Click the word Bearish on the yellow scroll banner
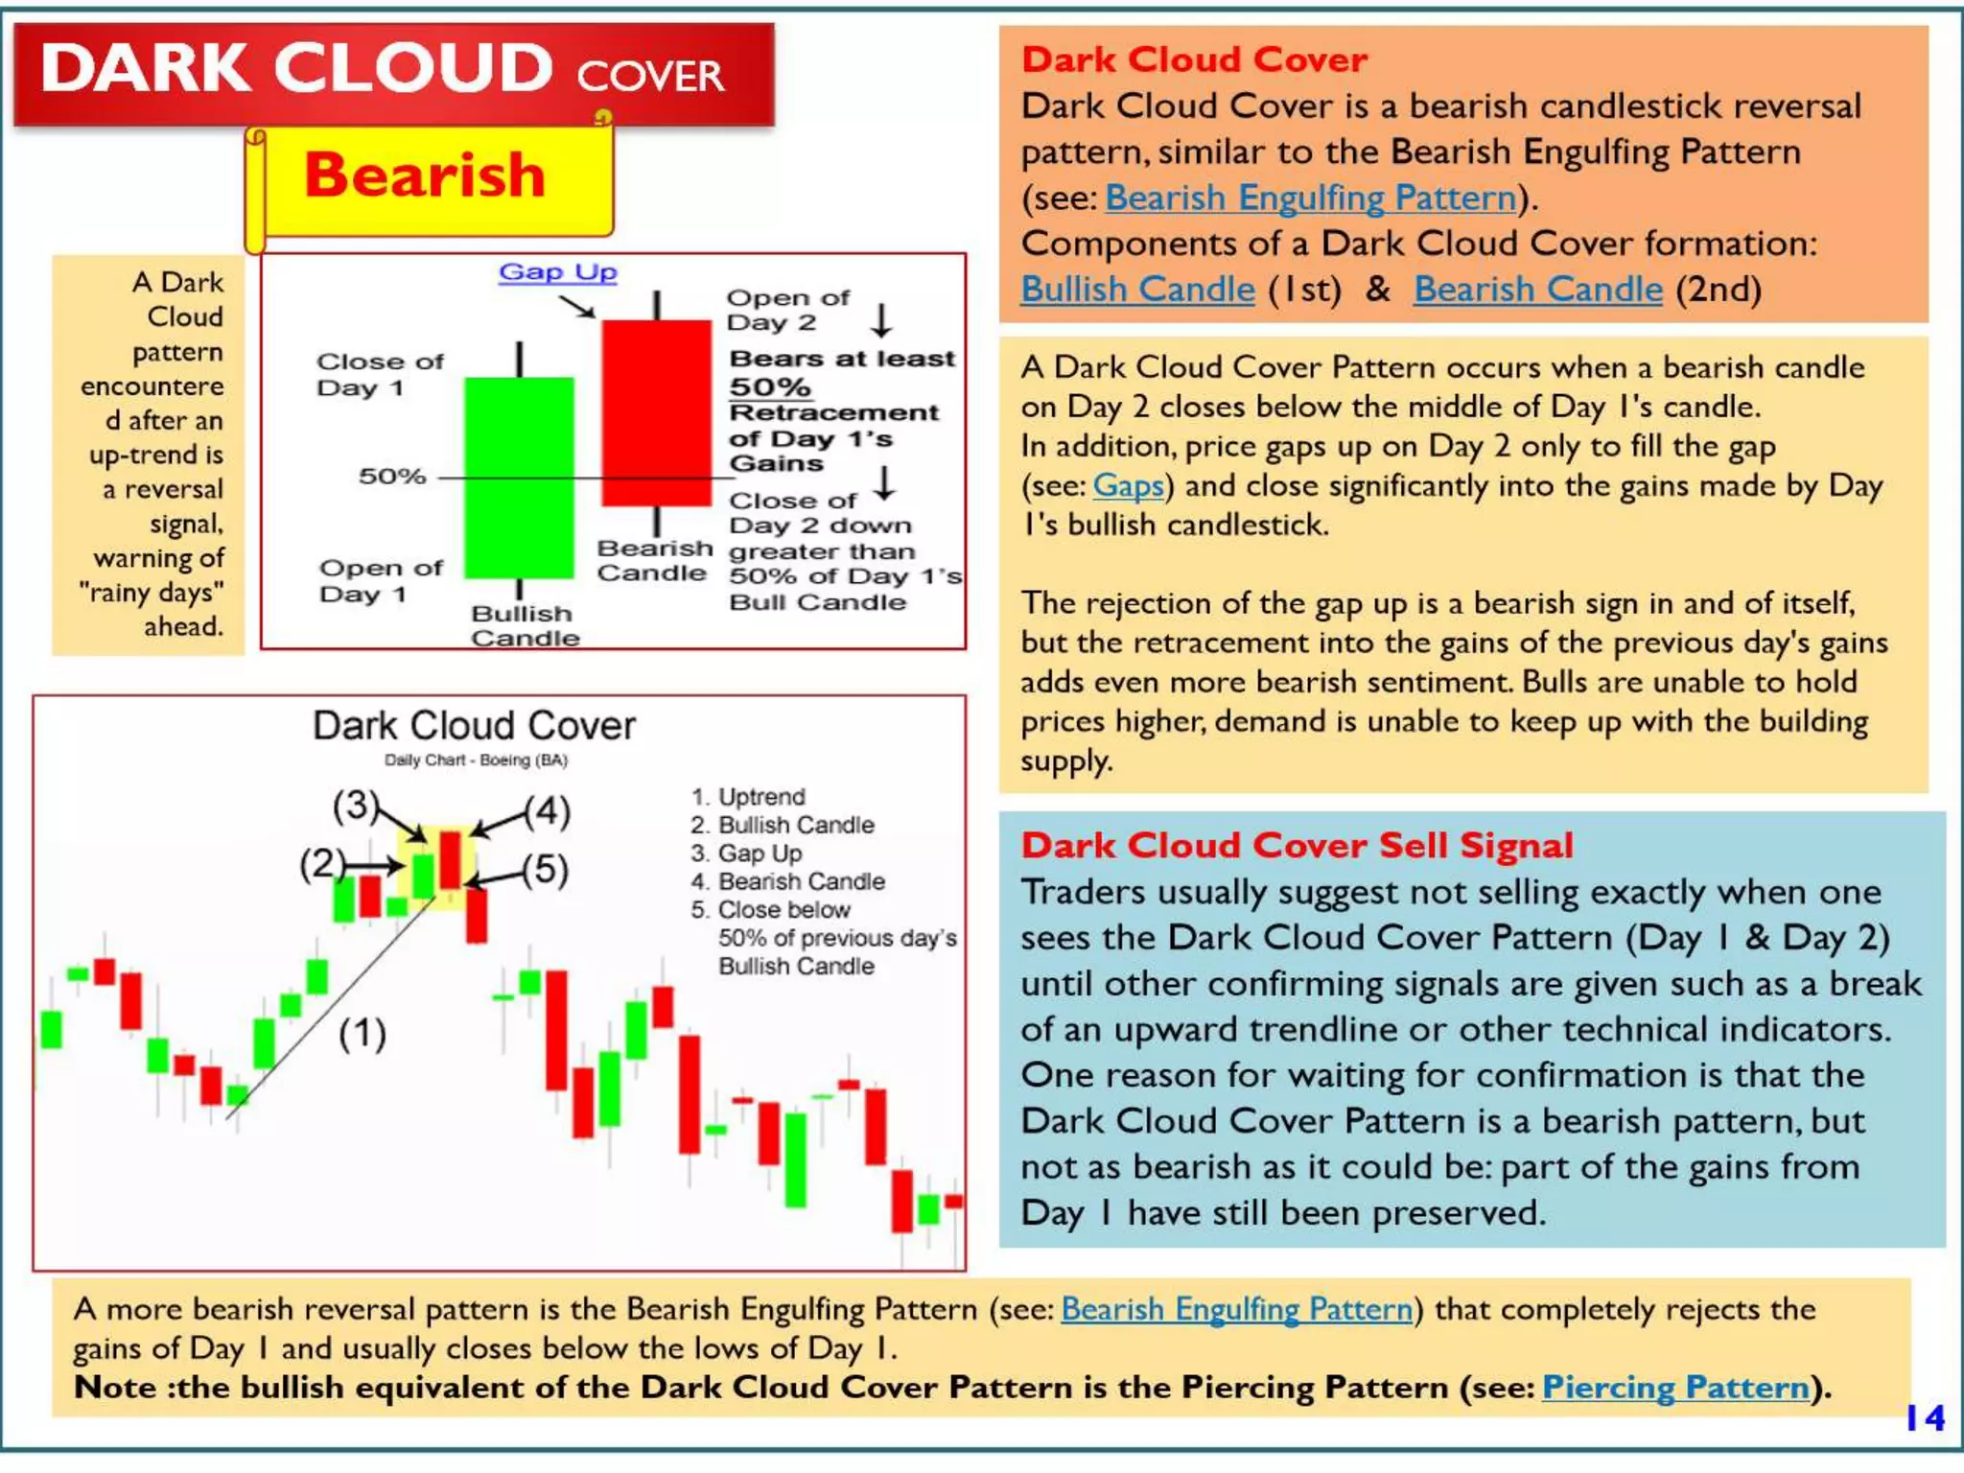(425, 175)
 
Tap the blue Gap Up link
(557, 272)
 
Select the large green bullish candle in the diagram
(519, 477)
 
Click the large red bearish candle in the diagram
(656, 412)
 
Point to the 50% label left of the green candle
(392, 476)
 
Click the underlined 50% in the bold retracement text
(769, 386)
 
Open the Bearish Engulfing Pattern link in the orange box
(1311, 198)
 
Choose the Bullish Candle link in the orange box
(1137, 289)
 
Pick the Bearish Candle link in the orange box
(1537, 289)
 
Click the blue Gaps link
(1128, 485)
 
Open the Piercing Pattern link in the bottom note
(1675, 1387)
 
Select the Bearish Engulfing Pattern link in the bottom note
(1236, 1309)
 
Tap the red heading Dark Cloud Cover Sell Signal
(1297, 845)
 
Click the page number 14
(1925, 1417)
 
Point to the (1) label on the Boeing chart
(362, 1034)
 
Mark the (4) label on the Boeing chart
(548, 811)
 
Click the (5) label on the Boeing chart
(546, 870)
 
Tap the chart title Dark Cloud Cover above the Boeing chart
(474, 726)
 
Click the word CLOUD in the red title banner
(414, 69)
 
